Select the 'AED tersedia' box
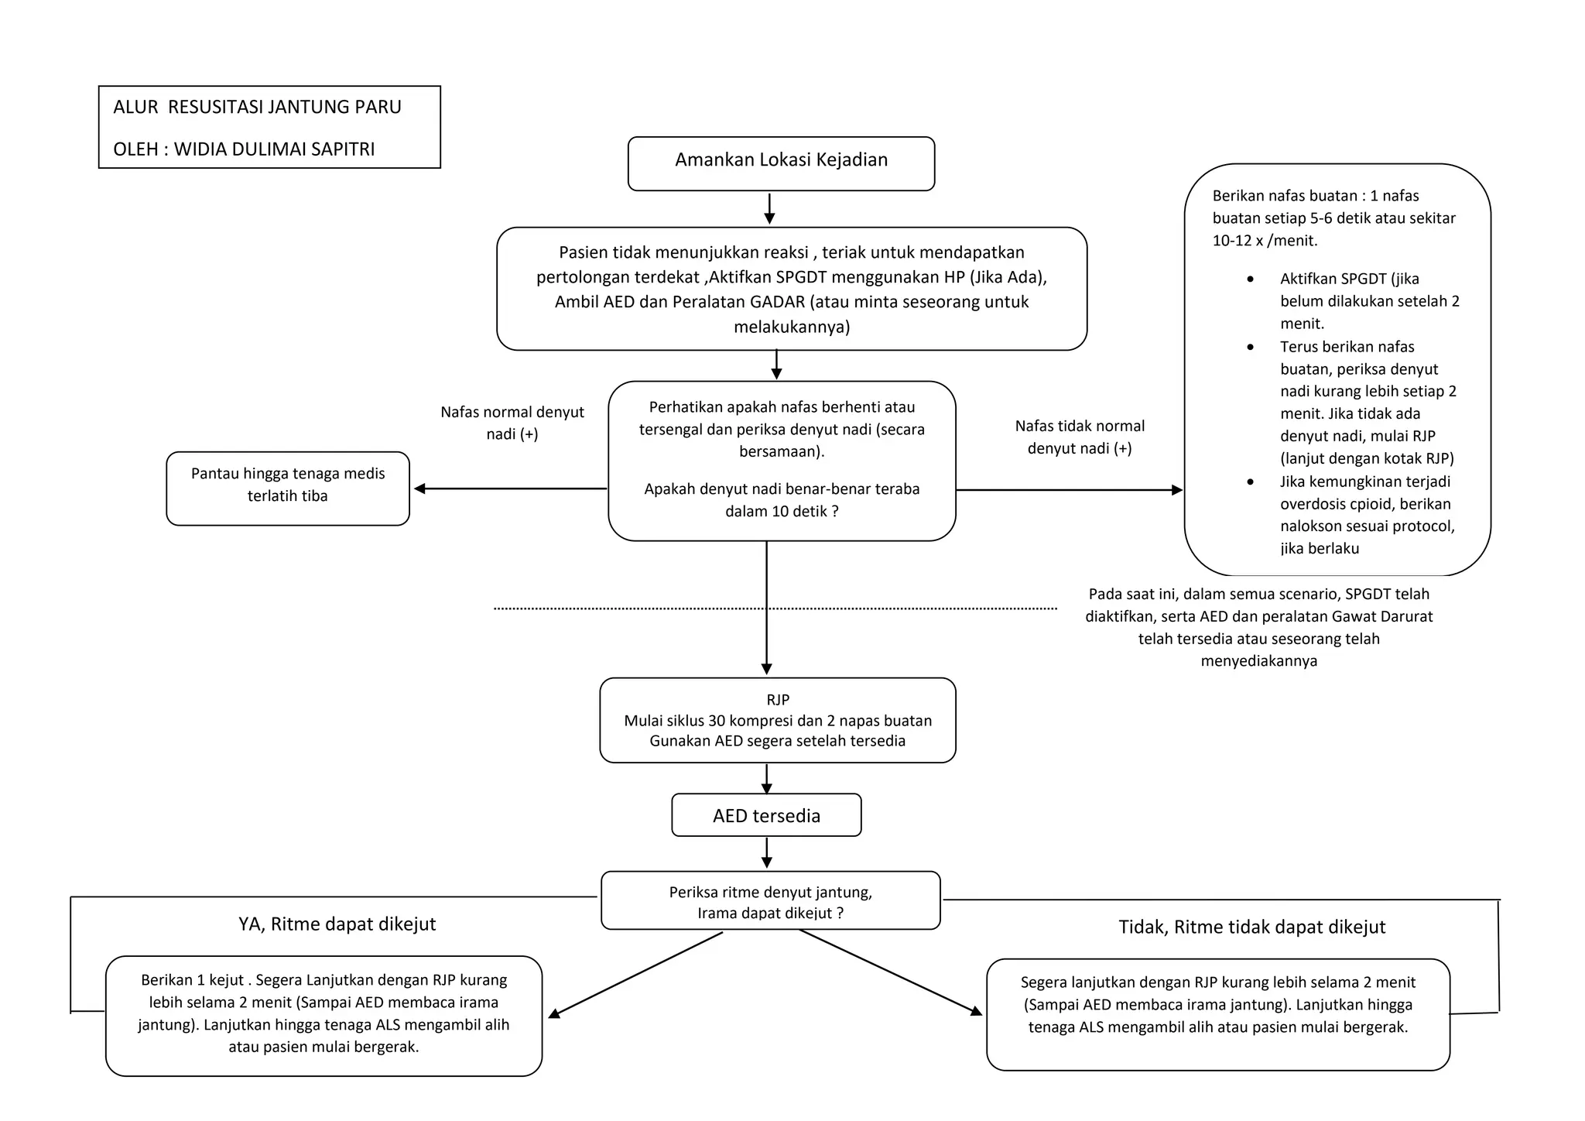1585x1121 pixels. [x=766, y=816]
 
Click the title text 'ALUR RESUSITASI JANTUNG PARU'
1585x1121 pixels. [x=257, y=107]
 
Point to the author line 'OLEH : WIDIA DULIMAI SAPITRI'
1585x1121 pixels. [x=244, y=149]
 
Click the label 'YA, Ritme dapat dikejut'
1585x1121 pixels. [x=337, y=924]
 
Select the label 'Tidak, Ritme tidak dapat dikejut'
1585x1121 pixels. [x=1251, y=927]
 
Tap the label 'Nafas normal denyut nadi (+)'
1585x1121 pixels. [x=512, y=423]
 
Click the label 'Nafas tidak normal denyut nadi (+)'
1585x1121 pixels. [x=1080, y=437]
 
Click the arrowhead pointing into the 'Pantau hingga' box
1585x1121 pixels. [x=420, y=489]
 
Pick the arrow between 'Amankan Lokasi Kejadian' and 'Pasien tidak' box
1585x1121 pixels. [x=769, y=209]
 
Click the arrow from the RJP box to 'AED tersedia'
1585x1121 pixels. [x=766, y=779]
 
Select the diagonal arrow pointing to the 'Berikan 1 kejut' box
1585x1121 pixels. [x=635, y=975]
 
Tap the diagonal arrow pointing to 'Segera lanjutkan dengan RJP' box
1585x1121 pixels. [x=890, y=972]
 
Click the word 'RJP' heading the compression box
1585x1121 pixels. [x=778, y=700]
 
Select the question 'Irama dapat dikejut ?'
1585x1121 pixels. [x=770, y=914]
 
